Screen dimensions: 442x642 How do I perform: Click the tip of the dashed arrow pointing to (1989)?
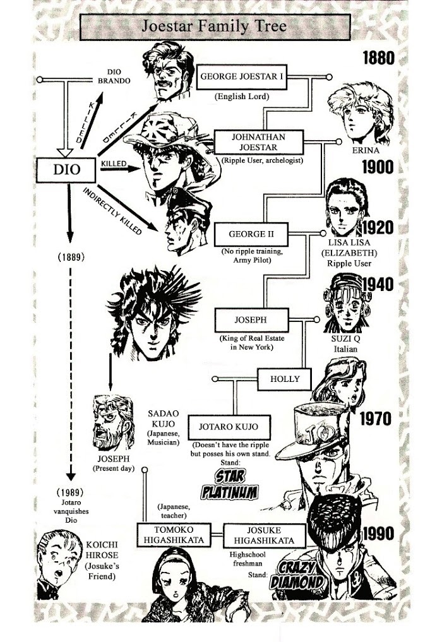tap(71, 480)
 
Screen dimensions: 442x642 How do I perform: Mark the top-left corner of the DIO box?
tap(37, 158)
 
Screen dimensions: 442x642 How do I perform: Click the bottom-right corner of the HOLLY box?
tap(311, 391)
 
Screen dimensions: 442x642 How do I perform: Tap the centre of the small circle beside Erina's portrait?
tap(339, 142)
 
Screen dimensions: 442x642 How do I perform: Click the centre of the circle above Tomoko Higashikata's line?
tap(145, 470)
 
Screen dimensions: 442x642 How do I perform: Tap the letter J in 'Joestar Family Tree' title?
tap(145, 27)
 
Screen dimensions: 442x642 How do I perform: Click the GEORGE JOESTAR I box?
tap(242, 76)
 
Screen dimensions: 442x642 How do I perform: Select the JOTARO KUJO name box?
tap(229, 427)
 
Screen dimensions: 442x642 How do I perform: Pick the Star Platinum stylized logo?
tap(230, 484)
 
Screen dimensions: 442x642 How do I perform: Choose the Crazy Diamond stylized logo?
tap(297, 575)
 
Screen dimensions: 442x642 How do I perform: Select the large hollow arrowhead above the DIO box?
tap(65, 152)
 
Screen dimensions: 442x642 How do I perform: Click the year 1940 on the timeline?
tap(378, 284)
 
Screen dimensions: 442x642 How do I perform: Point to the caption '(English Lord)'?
tap(242, 97)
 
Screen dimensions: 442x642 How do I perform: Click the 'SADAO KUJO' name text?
tap(164, 419)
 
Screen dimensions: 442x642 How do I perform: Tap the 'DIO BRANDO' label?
tap(114, 76)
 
